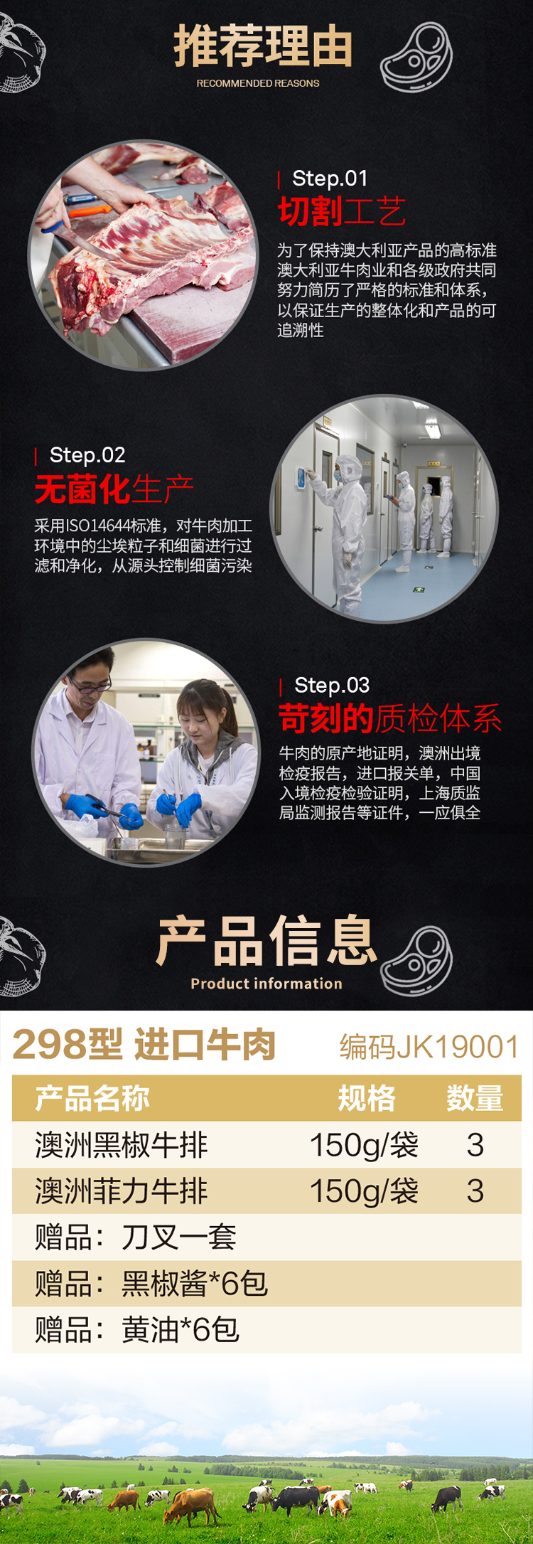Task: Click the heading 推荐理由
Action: (x=264, y=46)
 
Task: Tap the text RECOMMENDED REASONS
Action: (x=258, y=83)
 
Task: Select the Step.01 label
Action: (x=330, y=179)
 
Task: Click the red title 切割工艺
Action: (x=342, y=211)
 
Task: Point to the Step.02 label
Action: (x=87, y=455)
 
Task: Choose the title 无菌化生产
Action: (x=114, y=489)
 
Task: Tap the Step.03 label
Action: (x=332, y=686)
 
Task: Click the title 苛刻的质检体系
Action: (x=390, y=718)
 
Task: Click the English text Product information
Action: (x=266, y=984)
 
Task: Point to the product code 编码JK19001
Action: (x=429, y=1047)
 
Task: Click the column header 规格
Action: (x=367, y=1098)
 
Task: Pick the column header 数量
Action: (x=475, y=1098)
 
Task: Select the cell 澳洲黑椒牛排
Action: (x=122, y=1145)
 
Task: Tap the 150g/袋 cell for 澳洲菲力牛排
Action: (x=364, y=1191)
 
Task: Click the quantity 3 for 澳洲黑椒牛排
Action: (x=475, y=1145)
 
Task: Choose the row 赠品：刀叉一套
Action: (x=136, y=1237)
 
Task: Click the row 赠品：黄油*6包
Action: (x=137, y=1329)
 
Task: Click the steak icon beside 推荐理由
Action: (x=417, y=57)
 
